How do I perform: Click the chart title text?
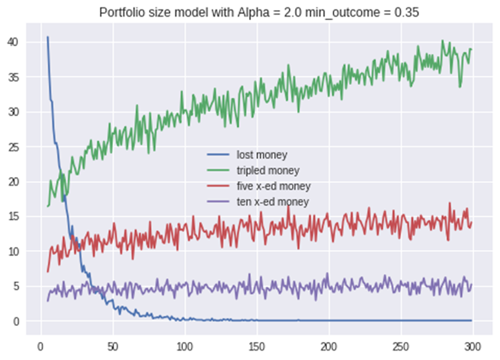pyautogui.click(x=259, y=13)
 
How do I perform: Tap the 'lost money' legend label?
pyautogui.click(x=262, y=155)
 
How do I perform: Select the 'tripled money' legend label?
pyautogui.click(x=268, y=170)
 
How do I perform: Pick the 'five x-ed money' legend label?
pyautogui.click(x=274, y=186)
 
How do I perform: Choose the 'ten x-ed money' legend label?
pyautogui.click(x=272, y=202)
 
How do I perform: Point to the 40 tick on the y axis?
pyautogui.click(x=13, y=42)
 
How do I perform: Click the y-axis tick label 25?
pyautogui.click(x=13, y=147)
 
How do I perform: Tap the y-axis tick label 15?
pyautogui.click(x=13, y=216)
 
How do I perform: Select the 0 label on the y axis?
pyautogui.click(x=15, y=321)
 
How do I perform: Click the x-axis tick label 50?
pyautogui.click(x=113, y=347)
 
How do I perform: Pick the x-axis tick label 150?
pyautogui.click(x=257, y=347)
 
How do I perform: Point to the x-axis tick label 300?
pyautogui.click(x=473, y=347)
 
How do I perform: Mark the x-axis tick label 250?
pyautogui.click(x=401, y=347)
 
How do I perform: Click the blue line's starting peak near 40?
pyautogui.click(x=48, y=37)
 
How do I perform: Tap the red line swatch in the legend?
pyautogui.click(x=218, y=186)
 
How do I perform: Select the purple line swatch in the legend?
pyautogui.click(x=218, y=202)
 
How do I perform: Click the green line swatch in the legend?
pyautogui.click(x=218, y=170)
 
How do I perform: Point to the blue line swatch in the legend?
pyautogui.click(x=218, y=154)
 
